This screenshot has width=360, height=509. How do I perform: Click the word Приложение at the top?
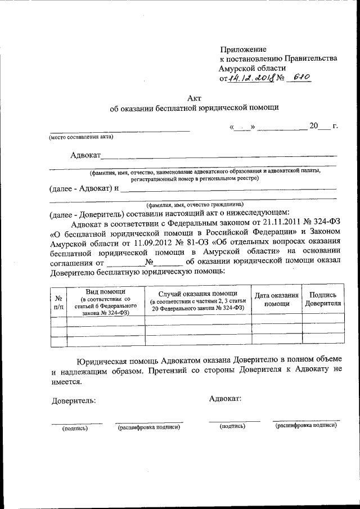[243, 49]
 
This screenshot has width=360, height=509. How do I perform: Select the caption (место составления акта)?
[81, 137]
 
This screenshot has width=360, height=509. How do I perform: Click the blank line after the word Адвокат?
[219, 155]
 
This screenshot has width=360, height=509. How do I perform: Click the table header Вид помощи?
[105, 291]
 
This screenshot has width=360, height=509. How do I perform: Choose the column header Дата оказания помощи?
[276, 299]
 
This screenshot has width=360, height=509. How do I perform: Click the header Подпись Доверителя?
[323, 299]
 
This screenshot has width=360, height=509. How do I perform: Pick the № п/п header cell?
[58, 303]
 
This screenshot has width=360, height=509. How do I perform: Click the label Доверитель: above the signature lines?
[74, 401]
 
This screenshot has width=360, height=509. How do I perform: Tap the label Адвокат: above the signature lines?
[225, 398]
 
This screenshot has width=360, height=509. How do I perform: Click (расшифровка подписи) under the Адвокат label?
[306, 426]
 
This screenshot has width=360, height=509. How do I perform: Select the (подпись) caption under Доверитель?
[75, 428]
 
